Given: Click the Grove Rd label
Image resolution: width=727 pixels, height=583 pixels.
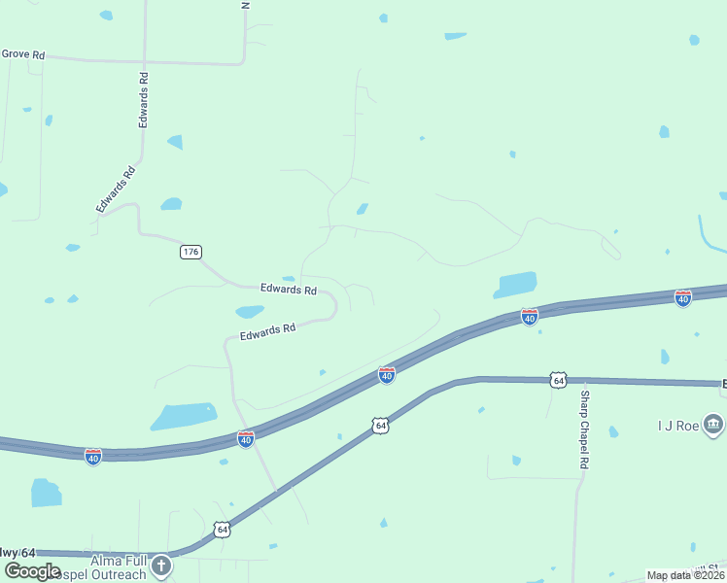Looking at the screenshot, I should click(23, 55).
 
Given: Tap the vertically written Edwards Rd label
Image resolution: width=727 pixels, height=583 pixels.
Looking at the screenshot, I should click(144, 100).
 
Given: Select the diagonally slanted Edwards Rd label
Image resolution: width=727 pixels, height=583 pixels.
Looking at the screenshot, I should click(115, 189).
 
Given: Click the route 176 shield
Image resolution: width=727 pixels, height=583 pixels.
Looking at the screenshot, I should click(190, 252).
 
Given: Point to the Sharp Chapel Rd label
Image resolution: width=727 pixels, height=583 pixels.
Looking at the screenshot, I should click(584, 430).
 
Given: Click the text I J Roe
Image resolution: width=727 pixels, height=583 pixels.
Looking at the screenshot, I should click(675, 425).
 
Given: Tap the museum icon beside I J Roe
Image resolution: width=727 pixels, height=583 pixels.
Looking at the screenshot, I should click(713, 424).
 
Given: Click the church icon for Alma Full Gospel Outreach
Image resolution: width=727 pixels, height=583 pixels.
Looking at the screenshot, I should click(161, 565).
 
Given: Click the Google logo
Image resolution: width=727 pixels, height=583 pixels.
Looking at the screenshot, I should click(32, 571).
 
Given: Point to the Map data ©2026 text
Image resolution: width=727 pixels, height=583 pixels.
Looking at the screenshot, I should click(685, 575).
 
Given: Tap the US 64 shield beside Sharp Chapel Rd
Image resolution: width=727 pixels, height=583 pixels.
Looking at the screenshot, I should click(557, 379).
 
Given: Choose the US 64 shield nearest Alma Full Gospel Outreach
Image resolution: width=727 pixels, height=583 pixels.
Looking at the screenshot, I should click(223, 530).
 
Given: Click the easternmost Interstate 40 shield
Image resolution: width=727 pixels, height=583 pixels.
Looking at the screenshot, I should click(683, 298).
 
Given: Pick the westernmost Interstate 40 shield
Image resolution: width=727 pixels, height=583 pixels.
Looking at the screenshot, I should click(93, 456).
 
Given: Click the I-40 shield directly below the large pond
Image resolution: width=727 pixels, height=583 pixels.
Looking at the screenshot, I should click(529, 317).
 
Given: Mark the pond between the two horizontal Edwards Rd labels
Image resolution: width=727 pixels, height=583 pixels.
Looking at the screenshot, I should click(250, 312).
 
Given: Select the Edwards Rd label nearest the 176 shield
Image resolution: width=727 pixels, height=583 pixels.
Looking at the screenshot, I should click(289, 290).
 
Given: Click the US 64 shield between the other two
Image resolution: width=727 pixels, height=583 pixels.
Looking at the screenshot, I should click(380, 426).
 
